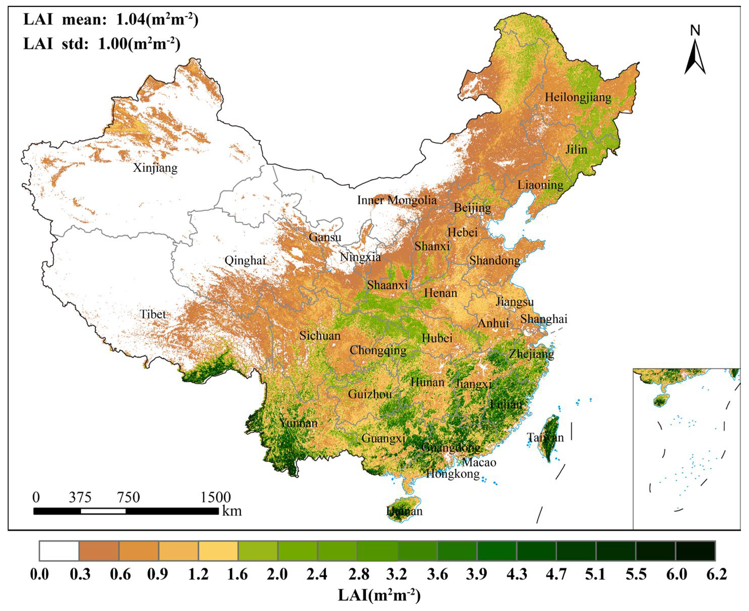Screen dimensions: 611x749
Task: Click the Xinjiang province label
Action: [155, 168]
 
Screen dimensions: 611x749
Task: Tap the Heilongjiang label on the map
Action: [578, 97]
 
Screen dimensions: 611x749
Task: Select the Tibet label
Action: [153, 314]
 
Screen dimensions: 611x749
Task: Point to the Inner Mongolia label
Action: [397, 200]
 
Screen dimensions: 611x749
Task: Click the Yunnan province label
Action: [299, 423]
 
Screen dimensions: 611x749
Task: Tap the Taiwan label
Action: [545, 437]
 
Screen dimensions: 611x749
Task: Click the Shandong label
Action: [494, 260]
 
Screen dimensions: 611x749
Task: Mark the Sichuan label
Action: [320, 336]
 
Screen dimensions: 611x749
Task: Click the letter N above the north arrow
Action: [695, 31]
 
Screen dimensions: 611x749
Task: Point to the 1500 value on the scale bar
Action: [215, 497]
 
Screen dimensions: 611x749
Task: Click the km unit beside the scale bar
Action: [232, 511]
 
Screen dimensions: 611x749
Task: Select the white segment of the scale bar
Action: [103, 511]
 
